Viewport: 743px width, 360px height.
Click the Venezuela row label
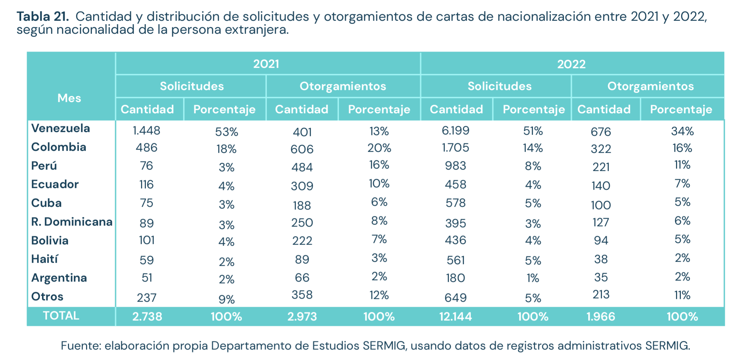[x=60, y=128]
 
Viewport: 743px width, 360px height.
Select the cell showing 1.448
[x=146, y=130]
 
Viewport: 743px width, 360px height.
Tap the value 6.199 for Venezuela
[x=455, y=130]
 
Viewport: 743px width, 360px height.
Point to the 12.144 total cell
[x=455, y=317]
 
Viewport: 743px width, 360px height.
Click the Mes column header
[x=69, y=98]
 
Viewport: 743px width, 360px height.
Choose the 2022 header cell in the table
[x=571, y=64]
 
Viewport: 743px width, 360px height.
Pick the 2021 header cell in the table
[x=266, y=64]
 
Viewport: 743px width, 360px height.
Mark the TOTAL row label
[x=61, y=316]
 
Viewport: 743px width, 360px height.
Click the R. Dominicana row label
[x=71, y=222]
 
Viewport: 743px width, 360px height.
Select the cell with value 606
[x=302, y=149]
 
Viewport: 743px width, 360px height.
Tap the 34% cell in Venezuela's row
[x=682, y=131]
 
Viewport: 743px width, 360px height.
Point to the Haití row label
[x=44, y=259]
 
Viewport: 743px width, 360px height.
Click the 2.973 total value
[x=302, y=317]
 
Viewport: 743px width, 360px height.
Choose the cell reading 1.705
[x=455, y=148]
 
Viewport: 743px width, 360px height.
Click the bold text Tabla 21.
[x=43, y=16]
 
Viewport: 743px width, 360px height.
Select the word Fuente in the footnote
[x=81, y=346]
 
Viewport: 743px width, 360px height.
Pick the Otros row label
[x=47, y=296]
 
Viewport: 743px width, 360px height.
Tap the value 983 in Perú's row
[x=455, y=166]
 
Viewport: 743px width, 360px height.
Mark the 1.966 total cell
[x=600, y=317]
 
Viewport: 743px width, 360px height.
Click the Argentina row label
[x=59, y=278]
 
